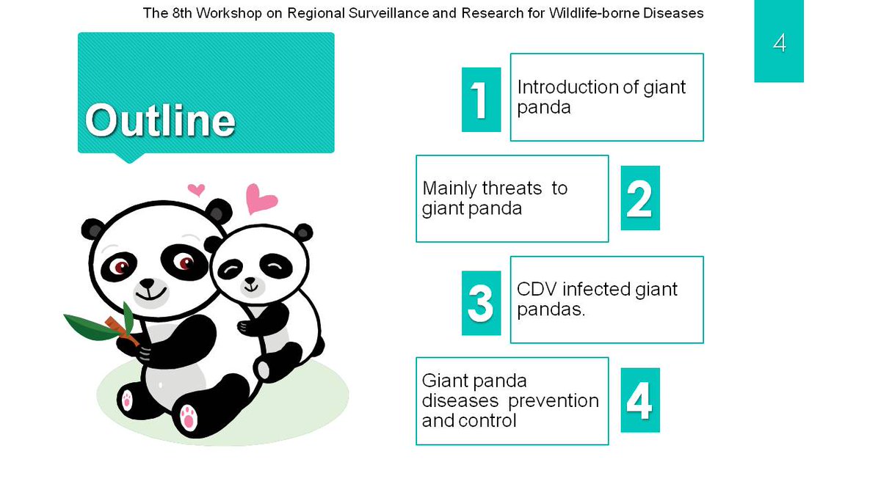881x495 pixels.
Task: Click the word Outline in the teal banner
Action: [x=160, y=120]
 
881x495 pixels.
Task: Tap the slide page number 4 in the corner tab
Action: [x=779, y=43]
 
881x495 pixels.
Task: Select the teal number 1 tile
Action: [x=481, y=100]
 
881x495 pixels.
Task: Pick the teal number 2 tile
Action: [x=640, y=198]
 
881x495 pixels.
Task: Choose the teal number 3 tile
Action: [x=481, y=303]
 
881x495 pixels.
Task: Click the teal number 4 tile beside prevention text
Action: [x=640, y=400]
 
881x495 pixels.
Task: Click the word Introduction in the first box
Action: [x=562, y=87]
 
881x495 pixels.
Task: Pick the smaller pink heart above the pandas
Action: [x=196, y=190]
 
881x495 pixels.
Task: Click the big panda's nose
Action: [x=147, y=283]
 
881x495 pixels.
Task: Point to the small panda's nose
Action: [x=250, y=281]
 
